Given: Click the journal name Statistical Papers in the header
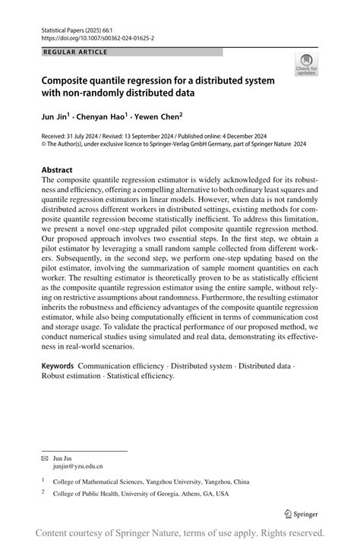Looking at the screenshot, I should pyautogui.click(x=63, y=28).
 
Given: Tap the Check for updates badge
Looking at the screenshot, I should pyautogui.click(x=306, y=65).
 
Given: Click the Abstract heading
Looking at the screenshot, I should pyautogui.click(x=57, y=170).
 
